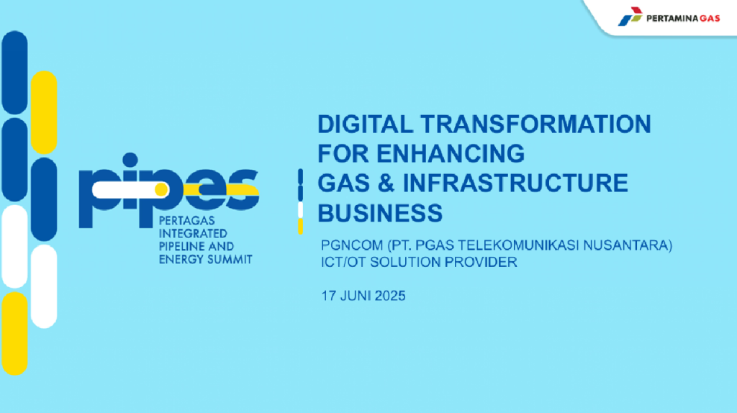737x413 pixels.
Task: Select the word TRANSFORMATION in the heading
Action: [x=535, y=124]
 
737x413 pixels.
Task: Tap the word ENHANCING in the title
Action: [x=451, y=154]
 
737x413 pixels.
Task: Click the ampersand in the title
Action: [x=386, y=183]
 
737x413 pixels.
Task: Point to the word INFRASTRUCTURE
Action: [x=515, y=183]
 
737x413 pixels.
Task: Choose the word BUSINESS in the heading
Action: [x=380, y=213]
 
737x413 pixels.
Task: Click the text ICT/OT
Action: [x=343, y=262]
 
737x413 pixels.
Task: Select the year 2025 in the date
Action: [x=390, y=296]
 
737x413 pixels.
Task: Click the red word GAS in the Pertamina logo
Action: [x=710, y=19]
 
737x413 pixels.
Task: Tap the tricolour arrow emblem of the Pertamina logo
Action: [x=630, y=17]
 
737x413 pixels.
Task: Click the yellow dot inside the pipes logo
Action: [x=161, y=189]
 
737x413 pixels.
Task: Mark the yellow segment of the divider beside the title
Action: [x=300, y=227]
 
